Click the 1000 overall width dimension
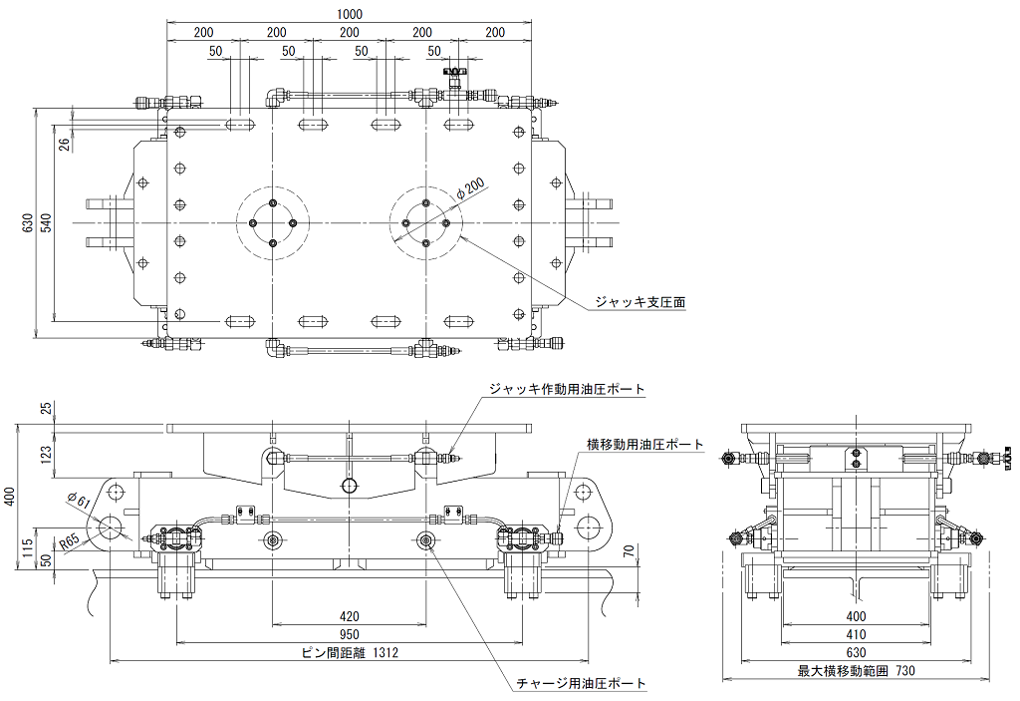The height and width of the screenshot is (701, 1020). click(x=350, y=14)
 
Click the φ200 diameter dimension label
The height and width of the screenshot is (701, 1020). click(x=470, y=188)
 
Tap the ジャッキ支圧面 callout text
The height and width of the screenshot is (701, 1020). click(x=640, y=302)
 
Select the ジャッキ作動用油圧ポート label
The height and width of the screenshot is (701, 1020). click(x=567, y=390)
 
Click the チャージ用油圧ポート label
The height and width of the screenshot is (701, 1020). click(x=581, y=683)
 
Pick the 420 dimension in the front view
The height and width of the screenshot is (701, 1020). click(x=350, y=615)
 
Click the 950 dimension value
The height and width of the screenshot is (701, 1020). click(x=350, y=634)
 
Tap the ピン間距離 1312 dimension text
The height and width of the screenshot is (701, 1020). click(x=351, y=652)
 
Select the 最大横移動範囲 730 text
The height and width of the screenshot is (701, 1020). click(x=856, y=670)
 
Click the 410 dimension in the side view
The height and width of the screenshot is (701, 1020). click(x=856, y=634)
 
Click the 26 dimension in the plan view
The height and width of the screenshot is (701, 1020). click(x=65, y=144)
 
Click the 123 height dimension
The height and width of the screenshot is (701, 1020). click(x=46, y=454)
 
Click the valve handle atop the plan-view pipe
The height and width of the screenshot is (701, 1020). click(x=456, y=70)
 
